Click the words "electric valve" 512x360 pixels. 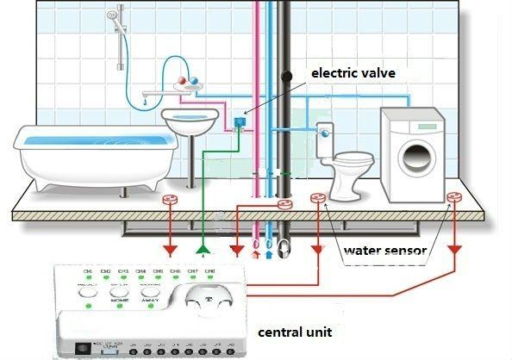tap(353, 74)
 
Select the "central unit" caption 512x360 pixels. tap(294, 331)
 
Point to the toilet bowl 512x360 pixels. tap(353, 163)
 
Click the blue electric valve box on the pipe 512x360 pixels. tap(240, 121)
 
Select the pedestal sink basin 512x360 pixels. tap(190, 121)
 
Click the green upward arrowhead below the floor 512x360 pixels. tap(203, 250)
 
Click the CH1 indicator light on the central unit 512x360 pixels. tap(86, 275)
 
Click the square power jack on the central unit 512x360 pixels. tap(83, 346)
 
